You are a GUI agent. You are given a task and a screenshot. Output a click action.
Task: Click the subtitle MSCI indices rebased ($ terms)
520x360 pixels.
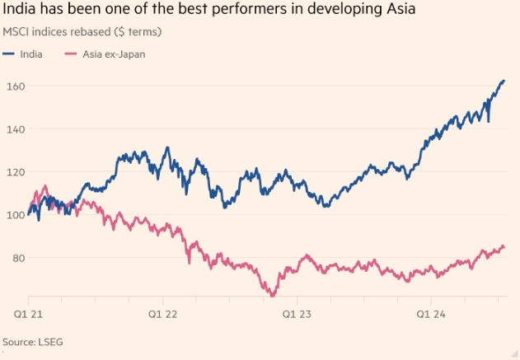[82, 32]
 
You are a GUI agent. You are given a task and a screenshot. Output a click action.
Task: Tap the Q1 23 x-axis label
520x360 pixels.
[297, 313]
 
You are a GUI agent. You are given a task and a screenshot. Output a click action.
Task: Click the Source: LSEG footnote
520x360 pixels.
[32, 341]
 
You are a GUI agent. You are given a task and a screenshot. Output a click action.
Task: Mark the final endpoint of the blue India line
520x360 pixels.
[504, 81]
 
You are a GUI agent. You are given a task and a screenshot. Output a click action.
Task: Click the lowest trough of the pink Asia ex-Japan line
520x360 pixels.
[271, 295]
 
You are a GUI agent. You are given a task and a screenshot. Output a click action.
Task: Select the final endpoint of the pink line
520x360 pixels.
[504, 247]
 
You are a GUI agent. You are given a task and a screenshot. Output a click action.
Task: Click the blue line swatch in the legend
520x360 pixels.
[10, 54]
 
